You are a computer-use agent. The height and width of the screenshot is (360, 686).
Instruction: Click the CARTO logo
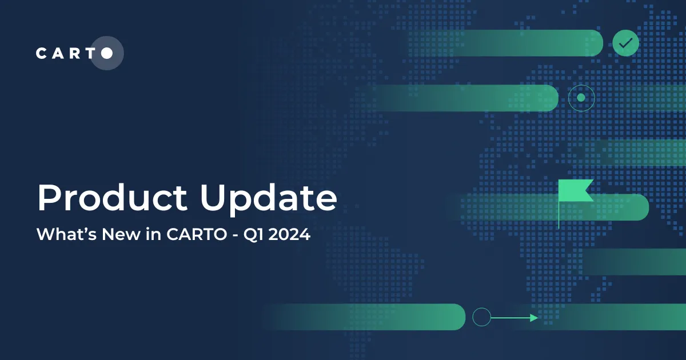(74, 53)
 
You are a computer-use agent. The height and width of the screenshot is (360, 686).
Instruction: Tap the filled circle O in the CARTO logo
(107, 53)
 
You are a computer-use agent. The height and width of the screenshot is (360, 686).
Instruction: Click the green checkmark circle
(625, 43)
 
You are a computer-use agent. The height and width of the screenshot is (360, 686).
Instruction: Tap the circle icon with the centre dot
(581, 98)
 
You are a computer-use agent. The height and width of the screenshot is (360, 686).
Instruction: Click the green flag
(575, 190)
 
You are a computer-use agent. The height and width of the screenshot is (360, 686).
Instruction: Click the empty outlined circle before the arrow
(482, 317)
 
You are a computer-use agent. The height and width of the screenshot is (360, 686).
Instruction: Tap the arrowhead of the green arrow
(534, 318)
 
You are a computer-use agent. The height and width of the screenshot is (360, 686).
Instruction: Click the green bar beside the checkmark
(514, 43)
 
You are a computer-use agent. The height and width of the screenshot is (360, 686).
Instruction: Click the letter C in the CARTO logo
(41, 53)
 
